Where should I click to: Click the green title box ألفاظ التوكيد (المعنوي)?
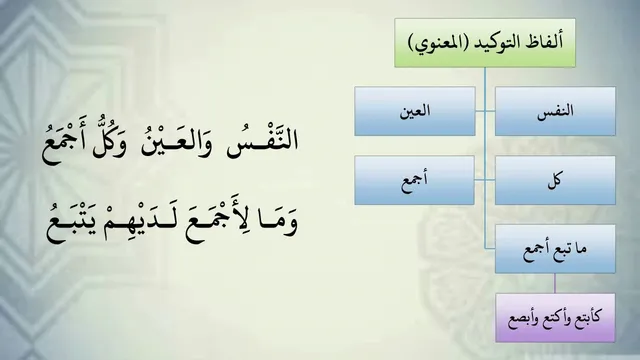click(x=485, y=43)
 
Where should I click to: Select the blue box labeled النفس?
click(x=555, y=111)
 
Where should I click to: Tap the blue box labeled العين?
click(x=415, y=111)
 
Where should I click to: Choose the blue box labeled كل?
click(x=555, y=180)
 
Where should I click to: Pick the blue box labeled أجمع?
click(x=414, y=180)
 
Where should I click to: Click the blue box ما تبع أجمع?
click(x=555, y=249)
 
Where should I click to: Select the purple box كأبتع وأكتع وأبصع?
click(x=555, y=318)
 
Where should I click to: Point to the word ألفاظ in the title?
click(x=544, y=42)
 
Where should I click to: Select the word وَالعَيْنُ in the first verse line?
click(x=176, y=142)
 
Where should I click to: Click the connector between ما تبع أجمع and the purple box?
click(x=555, y=283)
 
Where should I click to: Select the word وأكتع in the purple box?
click(x=554, y=318)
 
